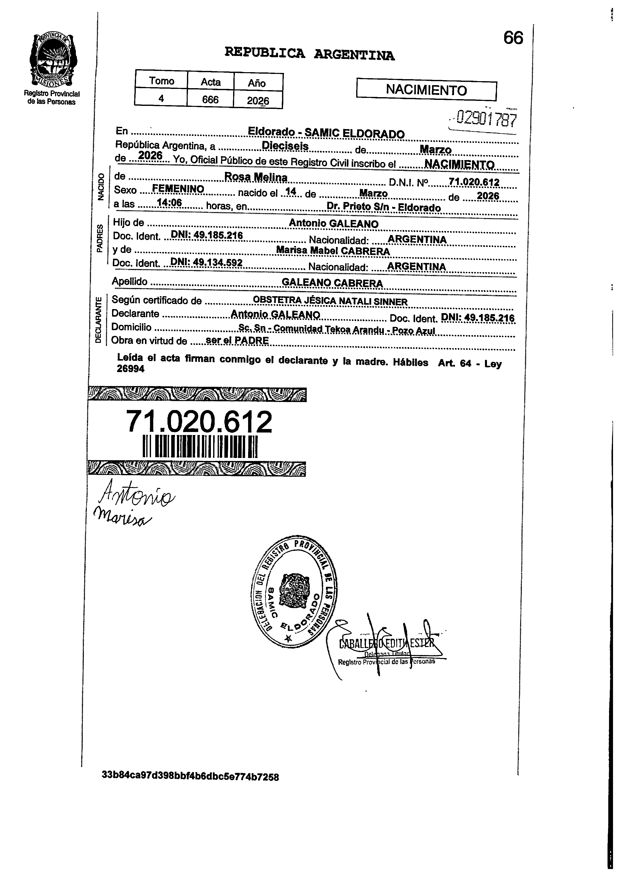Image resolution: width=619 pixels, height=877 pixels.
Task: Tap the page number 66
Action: pos(513,38)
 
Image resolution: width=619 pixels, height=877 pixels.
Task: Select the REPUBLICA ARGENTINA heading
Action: pos(309,53)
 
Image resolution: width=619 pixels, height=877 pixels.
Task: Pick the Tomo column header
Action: pos(161,81)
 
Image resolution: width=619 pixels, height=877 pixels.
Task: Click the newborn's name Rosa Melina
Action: pos(256,177)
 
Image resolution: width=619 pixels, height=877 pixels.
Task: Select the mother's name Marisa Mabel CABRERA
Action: pos(333,251)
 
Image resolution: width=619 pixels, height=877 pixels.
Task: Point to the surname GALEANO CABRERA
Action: pos(332,283)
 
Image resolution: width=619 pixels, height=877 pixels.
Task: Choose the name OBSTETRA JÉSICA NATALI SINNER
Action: pos(330,301)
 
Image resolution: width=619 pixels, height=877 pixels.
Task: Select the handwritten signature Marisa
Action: pos(122,516)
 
